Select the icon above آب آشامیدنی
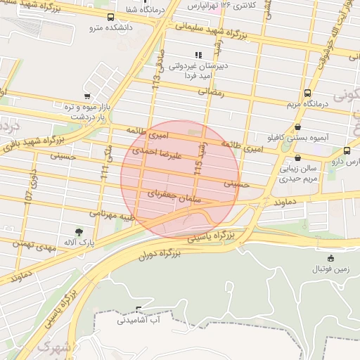tap(138, 309)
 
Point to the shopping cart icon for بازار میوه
tap(86, 96)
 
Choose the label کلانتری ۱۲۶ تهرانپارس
tap(224, 6)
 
